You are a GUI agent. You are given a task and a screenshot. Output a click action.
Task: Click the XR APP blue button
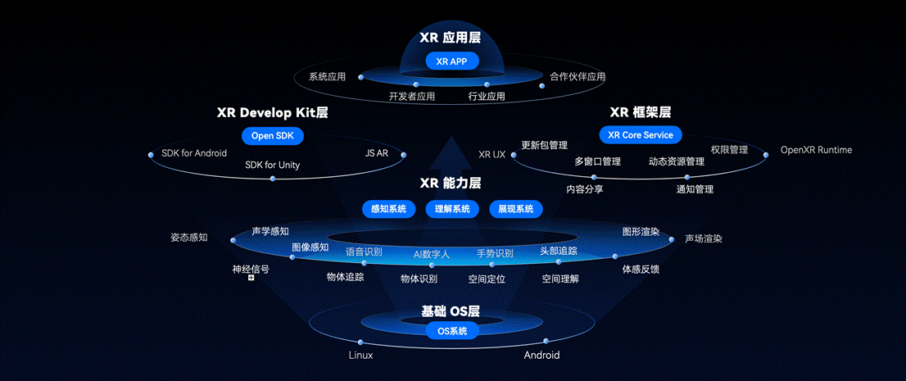click(x=452, y=61)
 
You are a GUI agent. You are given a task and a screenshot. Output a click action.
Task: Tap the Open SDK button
click(x=273, y=136)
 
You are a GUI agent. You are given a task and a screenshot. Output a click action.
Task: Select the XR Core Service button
click(x=641, y=134)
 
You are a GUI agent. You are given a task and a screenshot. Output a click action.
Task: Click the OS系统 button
click(x=452, y=331)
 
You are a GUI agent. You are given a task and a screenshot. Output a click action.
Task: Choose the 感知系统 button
click(x=389, y=209)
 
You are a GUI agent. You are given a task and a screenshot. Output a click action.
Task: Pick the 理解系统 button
click(x=452, y=209)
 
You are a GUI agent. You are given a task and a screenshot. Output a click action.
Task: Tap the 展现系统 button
click(x=516, y=209)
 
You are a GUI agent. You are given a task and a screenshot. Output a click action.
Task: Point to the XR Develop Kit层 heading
click(x=273, y=112)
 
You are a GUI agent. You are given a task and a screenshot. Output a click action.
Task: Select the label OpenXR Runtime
click(x=816, y=150)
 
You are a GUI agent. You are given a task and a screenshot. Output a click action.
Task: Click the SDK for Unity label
click(x=272, y=165)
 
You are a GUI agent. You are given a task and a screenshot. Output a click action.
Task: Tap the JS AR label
click(x=377, y=153)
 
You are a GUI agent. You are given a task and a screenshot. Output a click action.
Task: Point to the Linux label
click(x=360, y=355)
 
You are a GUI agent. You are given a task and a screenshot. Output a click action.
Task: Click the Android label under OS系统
click(x=541, y=355)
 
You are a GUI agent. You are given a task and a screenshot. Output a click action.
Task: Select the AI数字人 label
click(x=432, y=254)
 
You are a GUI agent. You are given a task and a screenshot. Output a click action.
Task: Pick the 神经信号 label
click(x=251, y=269)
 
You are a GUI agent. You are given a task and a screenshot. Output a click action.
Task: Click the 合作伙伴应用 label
click(x=578, y=76)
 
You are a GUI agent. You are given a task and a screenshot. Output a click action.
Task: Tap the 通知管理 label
click(x=695, y=189)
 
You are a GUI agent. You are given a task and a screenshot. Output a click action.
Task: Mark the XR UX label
click(x=492, y=154)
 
